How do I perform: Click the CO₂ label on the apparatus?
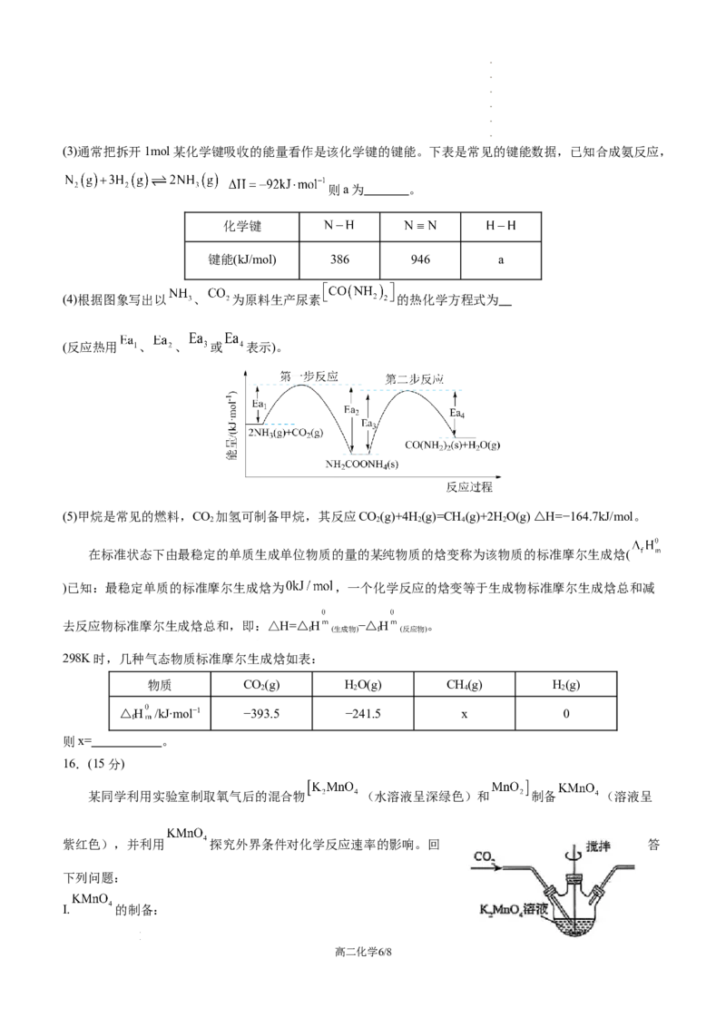484,856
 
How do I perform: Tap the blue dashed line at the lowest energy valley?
361,452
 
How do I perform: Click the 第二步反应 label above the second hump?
413,376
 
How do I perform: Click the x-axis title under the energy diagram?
468,486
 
